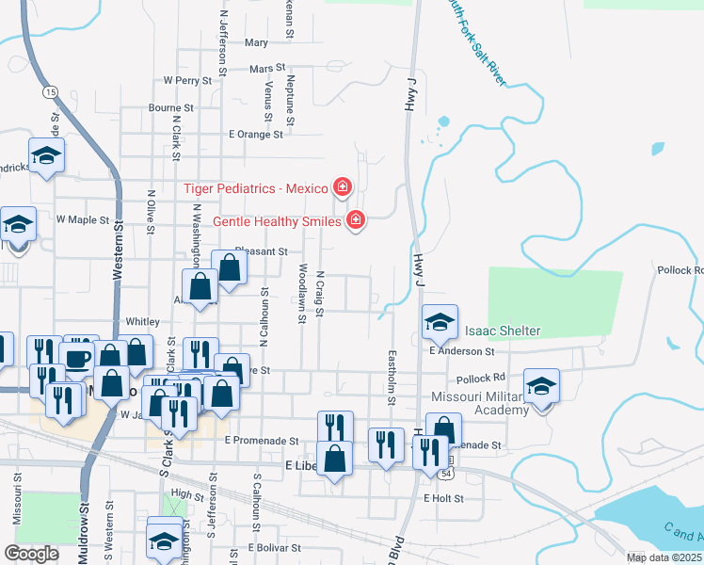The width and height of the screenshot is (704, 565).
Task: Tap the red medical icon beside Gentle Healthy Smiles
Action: pos(356,221)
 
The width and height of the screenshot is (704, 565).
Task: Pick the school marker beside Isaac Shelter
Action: pos(440,323)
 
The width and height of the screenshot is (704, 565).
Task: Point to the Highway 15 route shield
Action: pos(48,91)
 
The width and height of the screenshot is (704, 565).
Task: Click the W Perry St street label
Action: pos(191,81)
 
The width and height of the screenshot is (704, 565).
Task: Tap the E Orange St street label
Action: pos(255,135)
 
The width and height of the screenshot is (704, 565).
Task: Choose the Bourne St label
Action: pos(170,108)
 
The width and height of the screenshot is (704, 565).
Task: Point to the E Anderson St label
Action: pos(461,351)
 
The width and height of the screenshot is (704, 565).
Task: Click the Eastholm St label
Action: pos(392,372)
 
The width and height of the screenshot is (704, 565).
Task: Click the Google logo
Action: pos(31,554)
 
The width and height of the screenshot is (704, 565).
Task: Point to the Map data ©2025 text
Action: pos(664,557)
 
